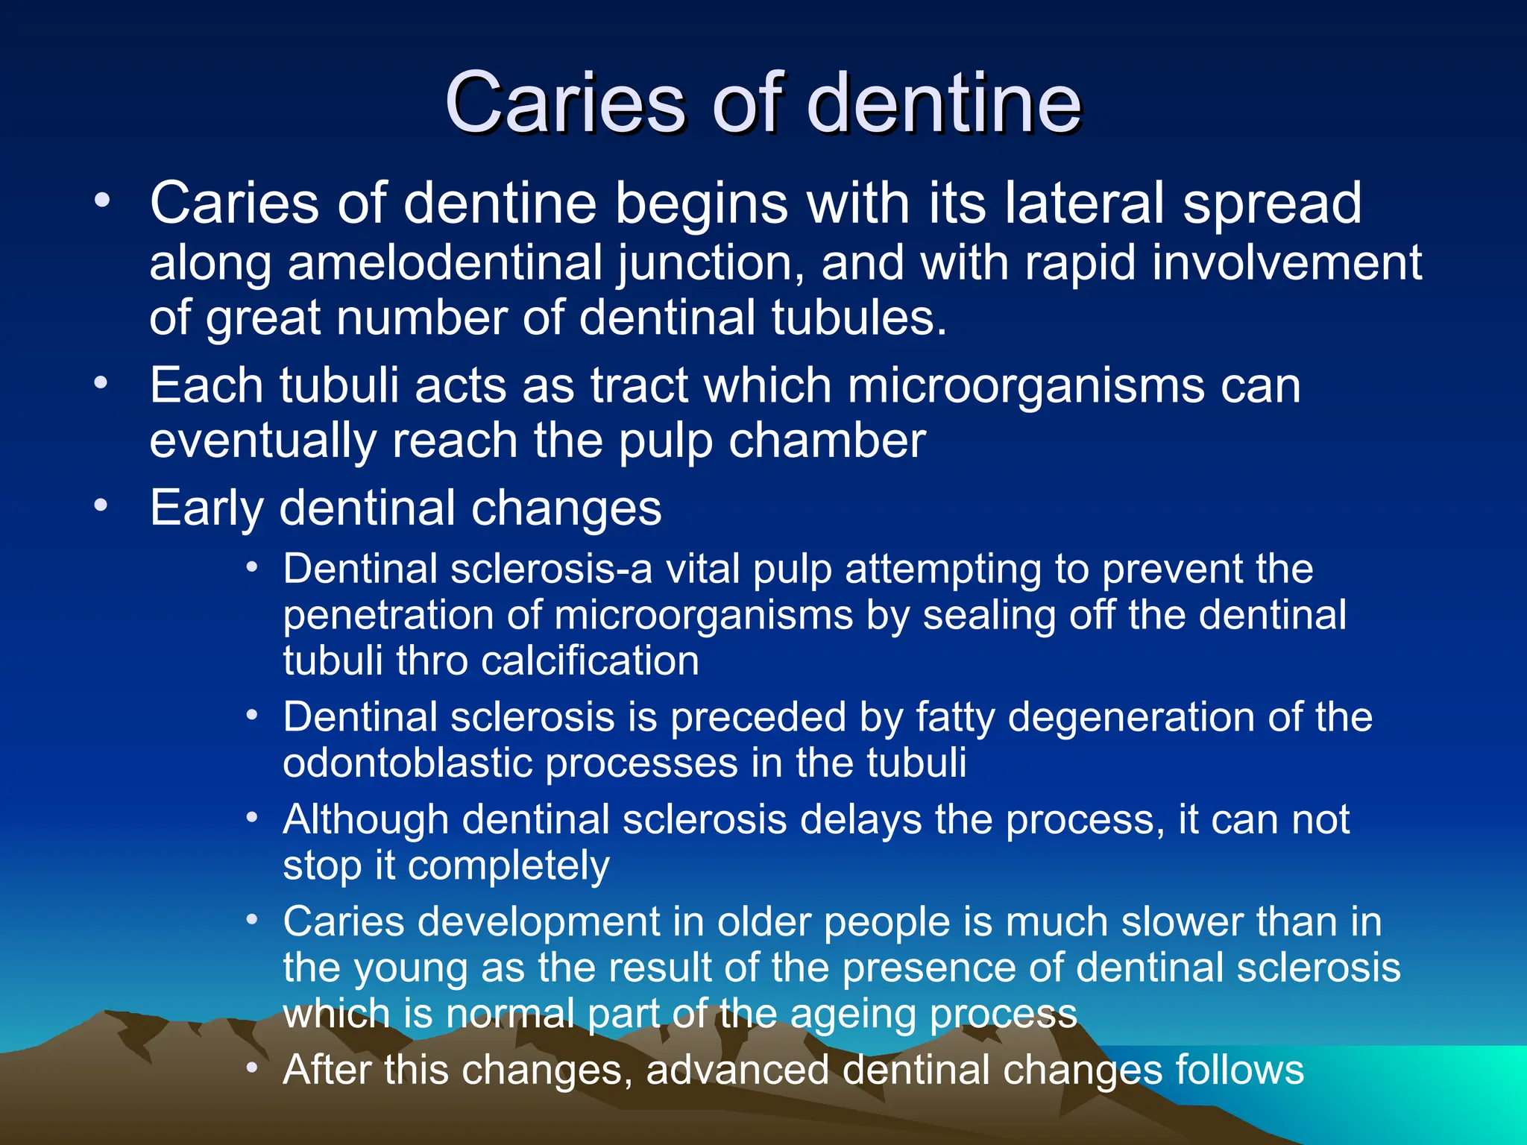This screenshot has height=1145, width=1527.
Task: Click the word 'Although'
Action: click(366, 820)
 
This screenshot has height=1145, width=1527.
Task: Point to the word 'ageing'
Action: click(851, 1014)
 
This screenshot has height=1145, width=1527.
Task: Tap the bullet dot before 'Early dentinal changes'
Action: click(101, 506)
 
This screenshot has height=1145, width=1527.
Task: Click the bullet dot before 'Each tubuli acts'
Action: click(101, 383)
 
